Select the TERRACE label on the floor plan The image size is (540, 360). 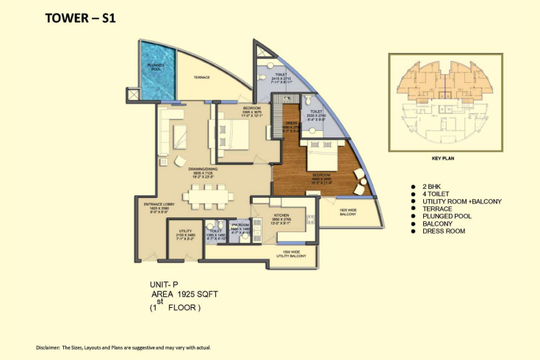[x=202, y=76]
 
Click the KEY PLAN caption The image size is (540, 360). [x=445, y=157]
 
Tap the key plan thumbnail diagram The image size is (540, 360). [x=445, y=102]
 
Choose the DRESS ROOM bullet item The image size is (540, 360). [x=444, y=231]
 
